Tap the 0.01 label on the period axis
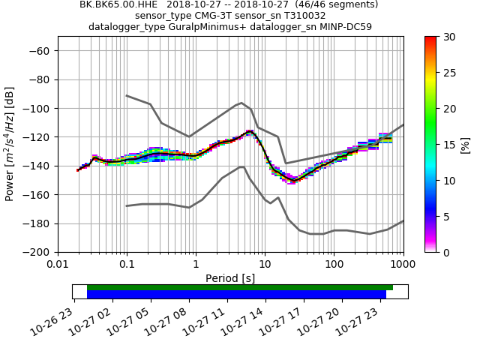point(58,264)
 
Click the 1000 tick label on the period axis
point(403,264)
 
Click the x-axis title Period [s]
point(230,278)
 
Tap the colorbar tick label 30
point(448,37)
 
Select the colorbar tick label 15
point(448,144)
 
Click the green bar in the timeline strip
point(240,287)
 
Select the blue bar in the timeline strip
point(236,295)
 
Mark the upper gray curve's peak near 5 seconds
point(241,103)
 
